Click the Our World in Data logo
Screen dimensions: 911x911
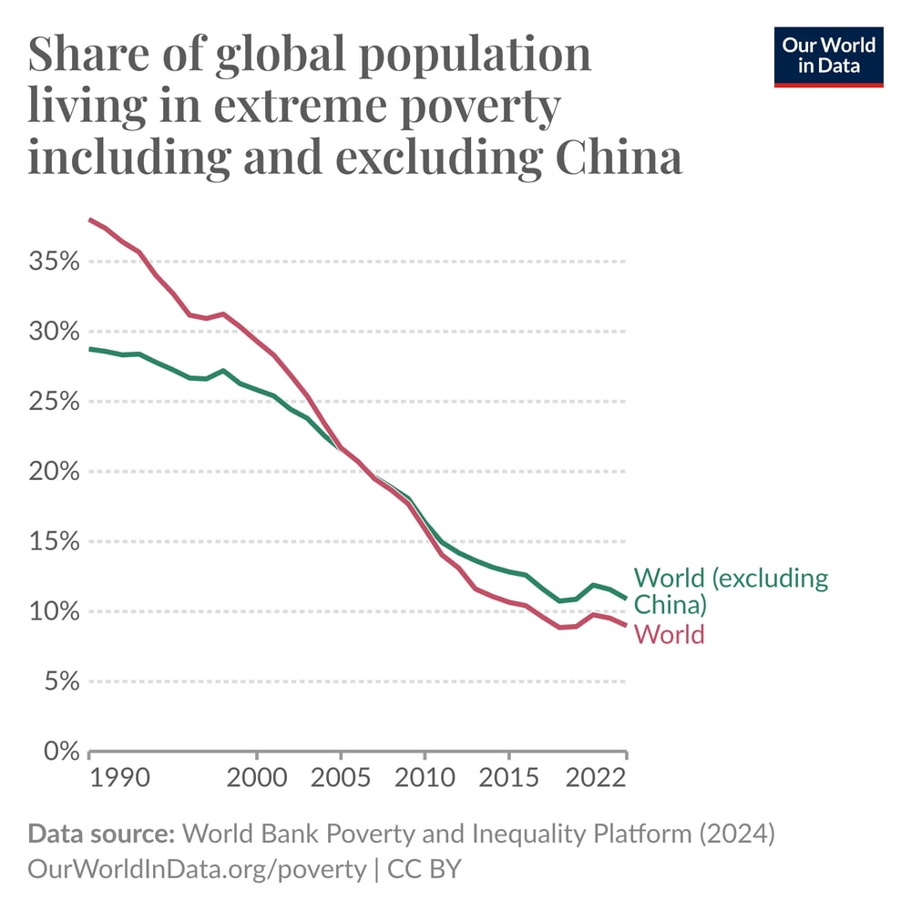pos(828,56)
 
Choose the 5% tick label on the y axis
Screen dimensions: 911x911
pos(61,681)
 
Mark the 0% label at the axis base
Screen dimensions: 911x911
pos(61,752)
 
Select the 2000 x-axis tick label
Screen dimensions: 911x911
pos(257,781)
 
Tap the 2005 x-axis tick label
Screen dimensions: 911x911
pos(341,781)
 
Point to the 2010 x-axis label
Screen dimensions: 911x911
pos(425,781)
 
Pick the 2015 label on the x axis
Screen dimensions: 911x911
pos(508,781)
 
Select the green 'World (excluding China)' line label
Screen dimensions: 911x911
pos(731,590)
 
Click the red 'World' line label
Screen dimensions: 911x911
pos(670,634)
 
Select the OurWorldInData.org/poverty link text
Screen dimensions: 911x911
pos(197,869)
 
